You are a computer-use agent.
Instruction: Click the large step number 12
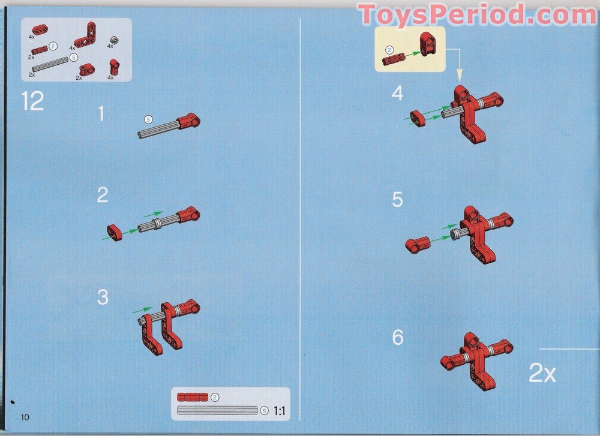pos(33,101)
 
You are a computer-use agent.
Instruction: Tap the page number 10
pos(25,417)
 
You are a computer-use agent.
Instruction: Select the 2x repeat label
pos(542,372)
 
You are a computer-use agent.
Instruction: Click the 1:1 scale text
pos(280,411)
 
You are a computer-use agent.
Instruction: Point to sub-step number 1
pos(101,113)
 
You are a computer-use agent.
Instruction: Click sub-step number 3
pos(103,297)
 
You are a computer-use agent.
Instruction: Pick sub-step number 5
pos(398,199)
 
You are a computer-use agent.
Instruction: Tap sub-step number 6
pos(398,337)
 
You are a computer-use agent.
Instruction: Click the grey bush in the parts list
pos(113,40)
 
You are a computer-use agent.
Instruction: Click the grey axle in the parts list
pos(50,64)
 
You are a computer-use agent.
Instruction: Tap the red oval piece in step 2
pos(115,233)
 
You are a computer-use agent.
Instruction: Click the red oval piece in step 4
pos(418,118)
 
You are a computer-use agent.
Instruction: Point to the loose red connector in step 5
pos(418,245)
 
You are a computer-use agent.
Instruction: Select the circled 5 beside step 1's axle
pos(148,119)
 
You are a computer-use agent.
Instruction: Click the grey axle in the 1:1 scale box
pos(217,410)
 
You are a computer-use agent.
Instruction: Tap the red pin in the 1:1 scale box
pos(193,397)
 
